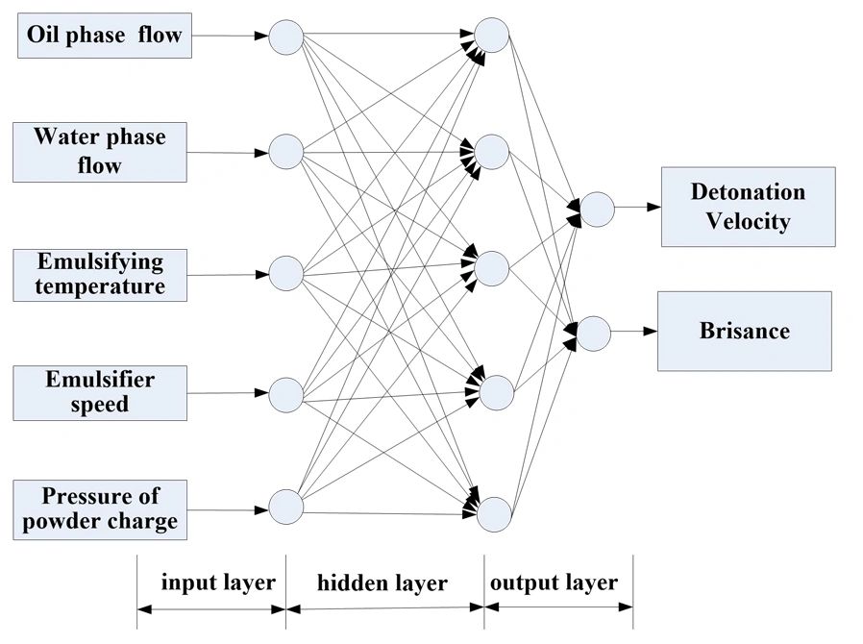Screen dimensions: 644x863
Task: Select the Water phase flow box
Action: tap(100, 152)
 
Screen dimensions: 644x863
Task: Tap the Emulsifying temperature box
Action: tap(100, 274)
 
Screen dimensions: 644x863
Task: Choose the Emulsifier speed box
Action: tap(100, 392)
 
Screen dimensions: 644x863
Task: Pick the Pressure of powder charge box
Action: tap(100, 509)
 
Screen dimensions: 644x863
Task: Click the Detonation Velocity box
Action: tap(748, 207)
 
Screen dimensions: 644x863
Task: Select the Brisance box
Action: tap(744, 332)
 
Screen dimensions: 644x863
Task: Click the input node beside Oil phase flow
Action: tap(285, 37)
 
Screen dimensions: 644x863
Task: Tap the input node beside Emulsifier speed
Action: tap(285, 394)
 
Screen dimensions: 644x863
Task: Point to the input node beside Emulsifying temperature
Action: tap(285, 273)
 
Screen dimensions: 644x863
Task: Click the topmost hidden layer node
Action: tap(491, 36)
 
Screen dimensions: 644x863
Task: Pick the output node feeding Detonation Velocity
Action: tap(597, 209)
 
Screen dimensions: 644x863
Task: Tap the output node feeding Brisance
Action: tap(594, 333)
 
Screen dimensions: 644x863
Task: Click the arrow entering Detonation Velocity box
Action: tap(636, 207)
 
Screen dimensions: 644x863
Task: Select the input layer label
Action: tap(217, 582)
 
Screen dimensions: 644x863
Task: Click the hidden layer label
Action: tap(382, 582)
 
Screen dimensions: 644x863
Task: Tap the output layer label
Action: tap(554, 582)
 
